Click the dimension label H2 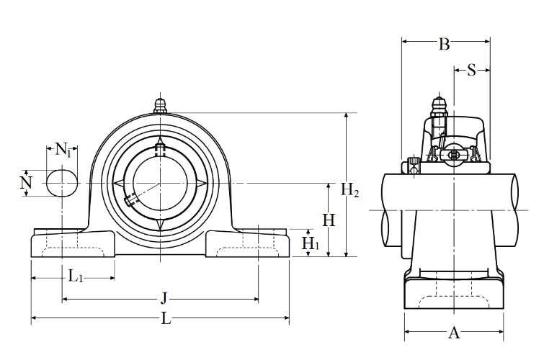[x=349, y=190]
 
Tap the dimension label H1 [x=310, y=243]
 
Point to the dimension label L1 [x=75, y=276]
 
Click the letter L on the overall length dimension [x=166, y=318]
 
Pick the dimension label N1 [x=63, y=150]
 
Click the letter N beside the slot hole [x=26, y=182]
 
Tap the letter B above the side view [x=445, y=45]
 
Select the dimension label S [x=471, y=70]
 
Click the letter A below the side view [x=454, y=333]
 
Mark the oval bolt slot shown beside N [x=62, y=183]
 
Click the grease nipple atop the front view [x=160, y=106]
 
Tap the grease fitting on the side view [x=439, y=108]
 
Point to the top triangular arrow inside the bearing [x=160, y=141]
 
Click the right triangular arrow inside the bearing [x=202, y=183]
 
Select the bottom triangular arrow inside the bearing [x=160, y=225]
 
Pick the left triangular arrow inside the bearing [x=118, y=183]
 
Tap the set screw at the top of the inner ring [x=160, y=150]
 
